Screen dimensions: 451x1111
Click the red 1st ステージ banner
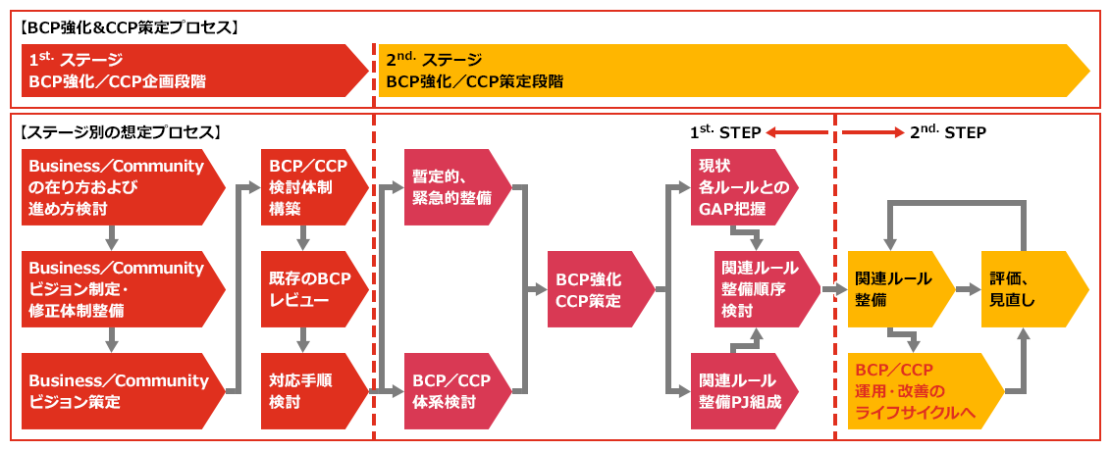tap(186, 71)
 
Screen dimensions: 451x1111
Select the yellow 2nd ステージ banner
tap(726, 71)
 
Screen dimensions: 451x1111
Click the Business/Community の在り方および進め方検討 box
tap(118, 186)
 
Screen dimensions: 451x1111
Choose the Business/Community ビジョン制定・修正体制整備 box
tap(118, 288)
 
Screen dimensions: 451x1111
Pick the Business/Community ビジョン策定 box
tap(118, 391)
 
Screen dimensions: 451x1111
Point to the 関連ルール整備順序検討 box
tap(761, 289)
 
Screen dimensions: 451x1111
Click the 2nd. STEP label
tap(947, 131)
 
